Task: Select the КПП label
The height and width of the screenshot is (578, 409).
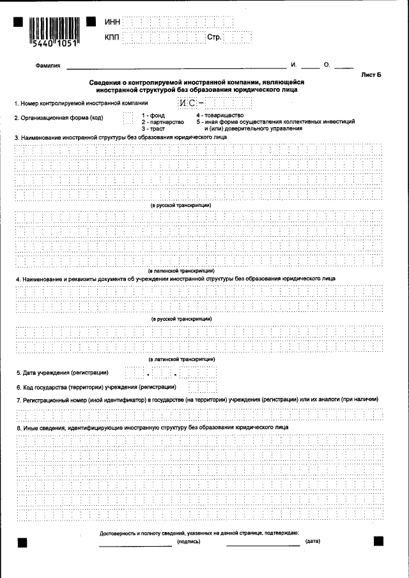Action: coord(112,38)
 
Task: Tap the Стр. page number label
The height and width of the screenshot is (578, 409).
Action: coord(213,38)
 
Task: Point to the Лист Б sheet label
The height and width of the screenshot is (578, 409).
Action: coord(371,75)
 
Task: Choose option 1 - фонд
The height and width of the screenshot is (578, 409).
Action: coord(153,115)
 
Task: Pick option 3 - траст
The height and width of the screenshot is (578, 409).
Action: coord(153,128)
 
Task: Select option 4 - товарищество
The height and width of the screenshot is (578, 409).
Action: coord(220,115)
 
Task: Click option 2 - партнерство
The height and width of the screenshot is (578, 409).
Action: coord(162,122)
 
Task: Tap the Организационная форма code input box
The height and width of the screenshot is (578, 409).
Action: coord(128,118)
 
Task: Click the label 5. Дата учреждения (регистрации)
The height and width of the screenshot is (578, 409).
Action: coord(62,372)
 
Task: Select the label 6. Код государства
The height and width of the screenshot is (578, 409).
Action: coord(96,387)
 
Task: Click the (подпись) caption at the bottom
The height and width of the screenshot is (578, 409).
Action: coord(189,542)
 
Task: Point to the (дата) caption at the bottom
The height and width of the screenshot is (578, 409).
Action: coord(313,542)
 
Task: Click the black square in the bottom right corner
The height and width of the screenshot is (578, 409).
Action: coord(378,541)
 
